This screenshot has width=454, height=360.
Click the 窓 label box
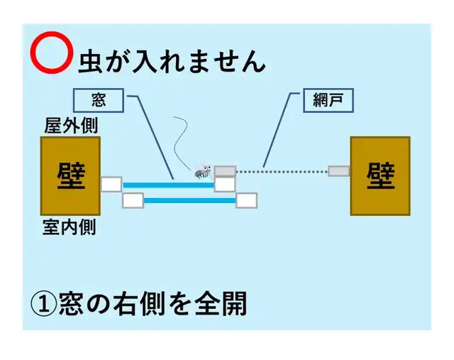click(99, 100)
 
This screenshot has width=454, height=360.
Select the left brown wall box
click(70, 175)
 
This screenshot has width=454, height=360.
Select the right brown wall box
click(380, 175)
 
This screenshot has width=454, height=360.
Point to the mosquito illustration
click(204, 171)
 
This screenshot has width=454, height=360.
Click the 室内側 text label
click(70, 227)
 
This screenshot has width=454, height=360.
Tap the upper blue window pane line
click(167, 185)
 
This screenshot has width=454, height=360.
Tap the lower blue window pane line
click(189, 200)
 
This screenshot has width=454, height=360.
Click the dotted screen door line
click(282, 171)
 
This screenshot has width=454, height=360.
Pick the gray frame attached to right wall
click(338, 171)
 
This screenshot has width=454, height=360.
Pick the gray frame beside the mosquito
click(225, 171)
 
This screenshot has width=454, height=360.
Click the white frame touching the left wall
click(111, 185)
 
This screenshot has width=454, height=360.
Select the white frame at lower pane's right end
click(246, 200)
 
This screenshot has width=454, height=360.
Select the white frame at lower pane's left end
click(133, 200)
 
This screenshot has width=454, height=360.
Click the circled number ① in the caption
click(44, 304)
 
